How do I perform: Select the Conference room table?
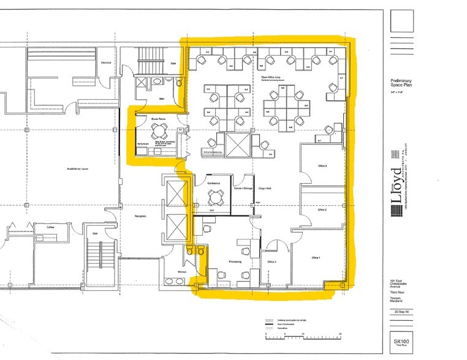click(215, 197)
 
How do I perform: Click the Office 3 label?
click(322, 167)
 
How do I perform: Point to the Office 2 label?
click(322, 209)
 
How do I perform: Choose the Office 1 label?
click(316, 258)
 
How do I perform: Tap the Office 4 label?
click(272, 261)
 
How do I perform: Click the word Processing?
click(235, 261)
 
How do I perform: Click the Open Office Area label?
click(270, 78)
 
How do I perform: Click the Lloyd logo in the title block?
click(397, 184)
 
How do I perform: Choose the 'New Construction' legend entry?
click(283, 324)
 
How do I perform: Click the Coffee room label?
click(52, 226)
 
